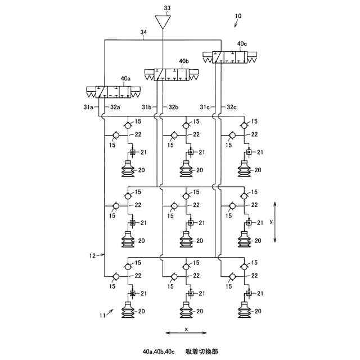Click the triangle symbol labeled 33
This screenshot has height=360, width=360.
pyautogui.click(x=163, y=21)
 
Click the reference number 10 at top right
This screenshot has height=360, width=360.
pyautogui.click(x=238, y=16)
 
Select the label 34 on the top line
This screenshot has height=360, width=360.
pyautogui.click(x=143, y=32)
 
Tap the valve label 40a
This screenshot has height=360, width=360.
pyautogui.click(x=125, y=79)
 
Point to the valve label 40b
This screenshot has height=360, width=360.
pyautogui.click(x=184, y=61)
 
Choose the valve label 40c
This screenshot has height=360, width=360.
pyautogui.click(x=242, y=44)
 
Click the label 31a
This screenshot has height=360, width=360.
pyautogui.click(x=88, y=107)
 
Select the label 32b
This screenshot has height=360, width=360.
pyautogui.click(x=174, y=107)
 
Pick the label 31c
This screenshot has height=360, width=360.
pyautogui.click(x=205, y=107)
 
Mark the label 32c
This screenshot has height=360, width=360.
pyautogui.click(x=232, y=107)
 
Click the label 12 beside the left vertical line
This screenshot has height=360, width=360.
pyautogui.click(x=92, y=256)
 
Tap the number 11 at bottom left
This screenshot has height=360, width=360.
pyautogui.click(x=102, y=316)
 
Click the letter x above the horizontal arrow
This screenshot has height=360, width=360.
pyautogui.click(x=186, y=329)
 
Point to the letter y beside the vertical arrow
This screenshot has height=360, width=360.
pyautogui.click(x=271, y=221)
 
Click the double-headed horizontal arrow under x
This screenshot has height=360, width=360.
pyautogui.click(x=186, y=333)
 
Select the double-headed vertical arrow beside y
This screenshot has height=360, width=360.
pyautogui.click(x=276, y=222)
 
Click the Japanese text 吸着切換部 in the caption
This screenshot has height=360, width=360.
pyautogui.click(x=202, y=352)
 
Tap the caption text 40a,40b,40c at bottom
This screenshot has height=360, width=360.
pyautogui.click(x=159, y=352)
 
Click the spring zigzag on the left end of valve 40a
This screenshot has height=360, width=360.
pyautogui.click(x=91, y=94)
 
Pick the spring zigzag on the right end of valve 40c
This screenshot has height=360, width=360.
pyautogui.click(x=252, y=60)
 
